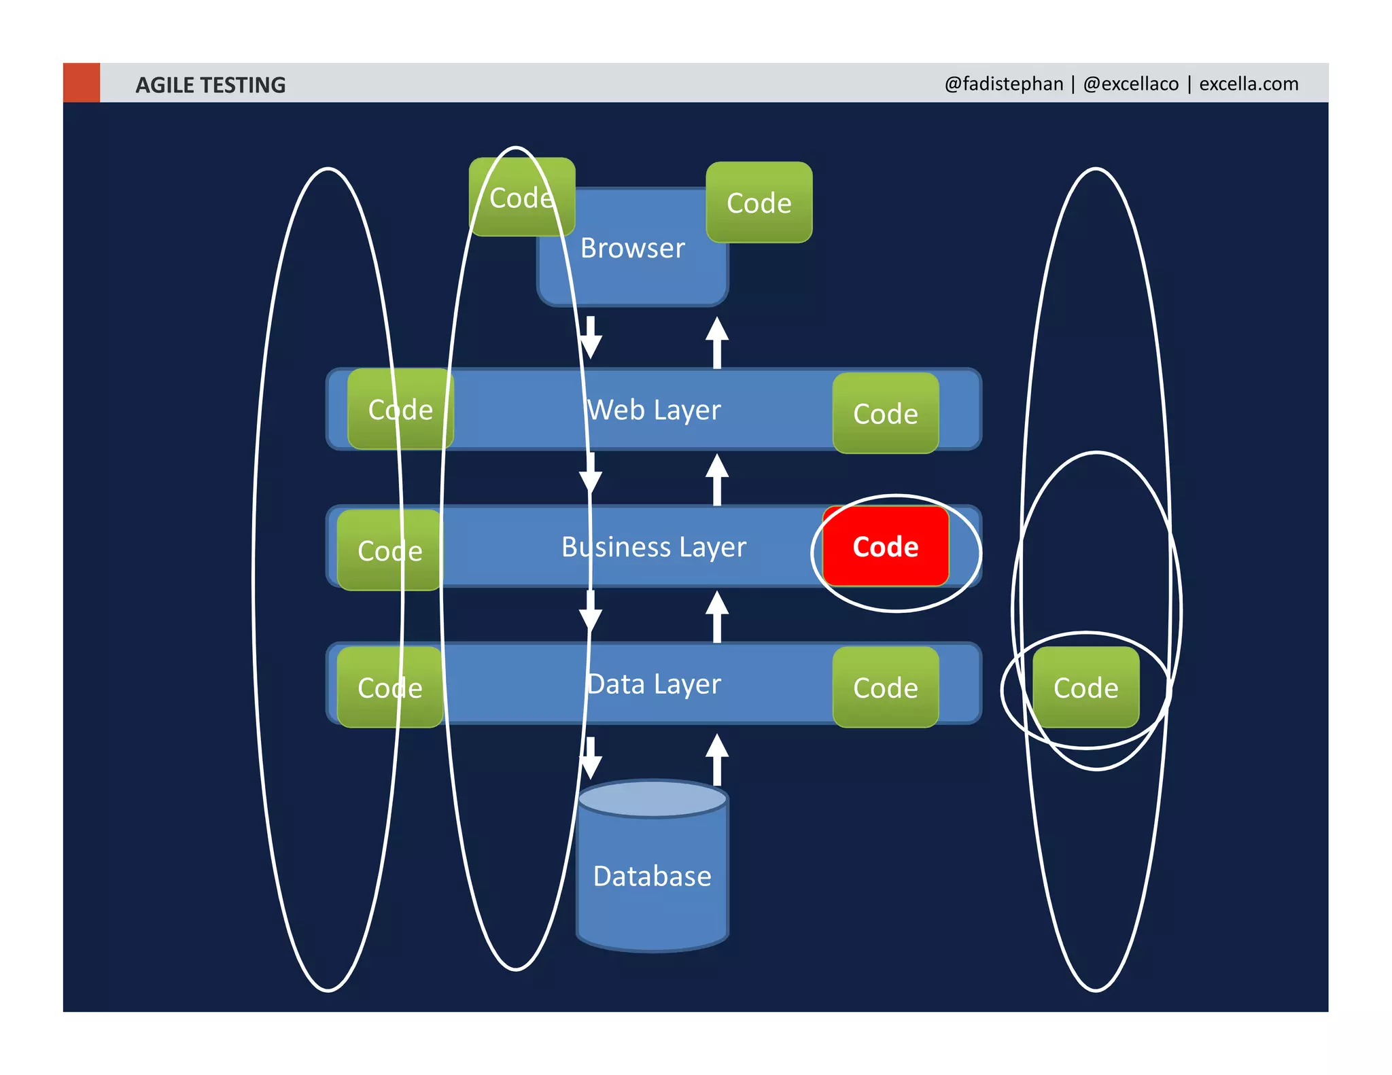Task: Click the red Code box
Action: coord(885,546)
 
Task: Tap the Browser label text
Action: coord(632,248)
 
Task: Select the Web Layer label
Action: coord(654,410)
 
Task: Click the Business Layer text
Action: coord(654,547)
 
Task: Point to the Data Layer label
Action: coord(654,684)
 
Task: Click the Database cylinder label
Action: coord(652,876)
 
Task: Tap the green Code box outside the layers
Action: coord(1085,688)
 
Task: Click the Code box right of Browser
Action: coord(759,202)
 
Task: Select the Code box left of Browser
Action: coord(521,198)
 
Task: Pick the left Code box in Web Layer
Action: coord(400,410)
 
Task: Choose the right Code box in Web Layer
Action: coord(885,413)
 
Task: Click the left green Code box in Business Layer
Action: coord(389,550)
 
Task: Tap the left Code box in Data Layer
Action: coord(389,688)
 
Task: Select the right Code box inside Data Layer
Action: coord(885,688)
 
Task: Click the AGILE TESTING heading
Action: coord(210,85)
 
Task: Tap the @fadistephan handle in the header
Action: coord(1003,84)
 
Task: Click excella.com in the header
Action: coord(1248,84)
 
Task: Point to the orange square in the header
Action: coord(82,83)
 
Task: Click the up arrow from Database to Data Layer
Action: coord(716,759)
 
